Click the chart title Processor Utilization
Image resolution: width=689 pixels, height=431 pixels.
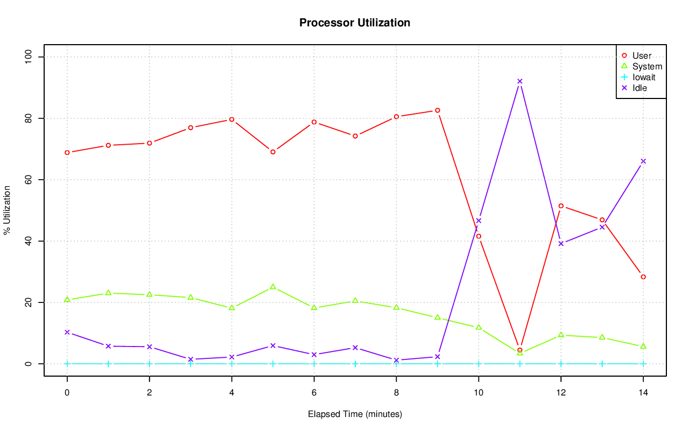(x=355, y=23)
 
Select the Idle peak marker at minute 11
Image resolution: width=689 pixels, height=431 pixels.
(x=520, y=81)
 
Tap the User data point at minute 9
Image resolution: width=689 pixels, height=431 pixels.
(x=438, y=110)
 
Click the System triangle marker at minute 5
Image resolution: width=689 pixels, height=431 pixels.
(x=273, y=287)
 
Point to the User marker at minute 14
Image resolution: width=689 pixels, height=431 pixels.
(x=643, y=277)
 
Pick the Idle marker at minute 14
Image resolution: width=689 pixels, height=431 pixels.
(x=643, y=161)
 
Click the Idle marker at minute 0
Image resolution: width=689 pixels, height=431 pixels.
(x=67, y=332)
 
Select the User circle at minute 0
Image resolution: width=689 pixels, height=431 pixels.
(x=67, y=152)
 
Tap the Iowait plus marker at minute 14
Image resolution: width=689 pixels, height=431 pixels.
(x=643, y=364)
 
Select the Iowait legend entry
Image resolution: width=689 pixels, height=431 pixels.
(x=644, y=77)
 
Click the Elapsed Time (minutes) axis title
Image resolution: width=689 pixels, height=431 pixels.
(x=355, y=414)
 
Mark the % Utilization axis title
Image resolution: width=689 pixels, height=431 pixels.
(x=7, y=210)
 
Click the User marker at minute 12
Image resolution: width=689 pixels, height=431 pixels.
(x=561, y=206)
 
